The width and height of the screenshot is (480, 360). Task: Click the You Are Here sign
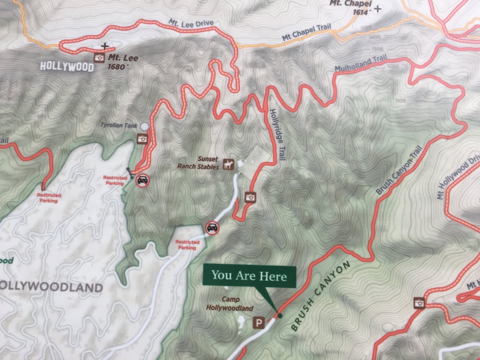tap(249, 275)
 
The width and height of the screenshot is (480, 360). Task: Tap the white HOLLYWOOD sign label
tap(67, 66)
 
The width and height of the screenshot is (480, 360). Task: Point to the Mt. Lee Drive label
tap(191, 23)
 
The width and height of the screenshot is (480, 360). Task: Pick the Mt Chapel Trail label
tap(306, 32)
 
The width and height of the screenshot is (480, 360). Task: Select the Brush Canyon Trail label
tap(399, 170)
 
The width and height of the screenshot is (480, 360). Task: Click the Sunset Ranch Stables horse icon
tap(229, 164)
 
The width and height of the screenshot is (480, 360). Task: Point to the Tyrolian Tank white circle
tap(145, 126)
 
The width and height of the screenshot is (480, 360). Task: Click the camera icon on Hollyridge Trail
tap(250, 197)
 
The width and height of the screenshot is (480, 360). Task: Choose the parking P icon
tap(259, 323)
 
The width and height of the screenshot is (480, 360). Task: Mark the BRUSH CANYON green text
tap(320, 295)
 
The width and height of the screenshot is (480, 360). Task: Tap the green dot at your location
tap(280, 316)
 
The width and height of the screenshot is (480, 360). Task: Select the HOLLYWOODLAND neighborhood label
tap(51, 287)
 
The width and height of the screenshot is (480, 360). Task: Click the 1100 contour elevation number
tap(400, 101)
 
